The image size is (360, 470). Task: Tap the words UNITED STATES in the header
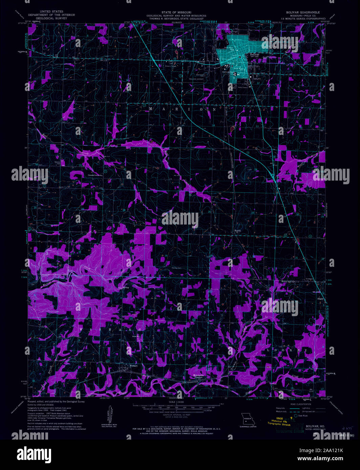coord(51,12)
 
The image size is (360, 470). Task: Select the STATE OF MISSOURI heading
coord(176,12)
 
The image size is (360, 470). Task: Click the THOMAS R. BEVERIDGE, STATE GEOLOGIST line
coord(176,19)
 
